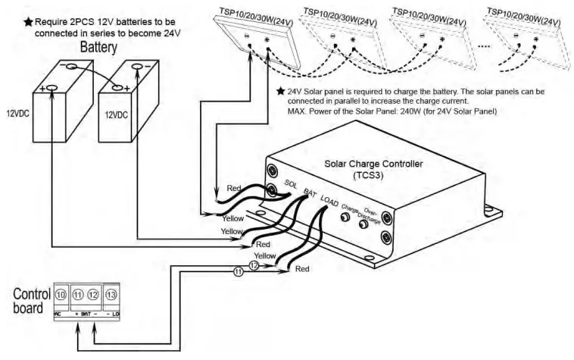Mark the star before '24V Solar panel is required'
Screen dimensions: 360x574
point(281,91)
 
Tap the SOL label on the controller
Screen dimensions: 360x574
point(291,186)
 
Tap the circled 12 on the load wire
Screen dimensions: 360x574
point(254,266)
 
